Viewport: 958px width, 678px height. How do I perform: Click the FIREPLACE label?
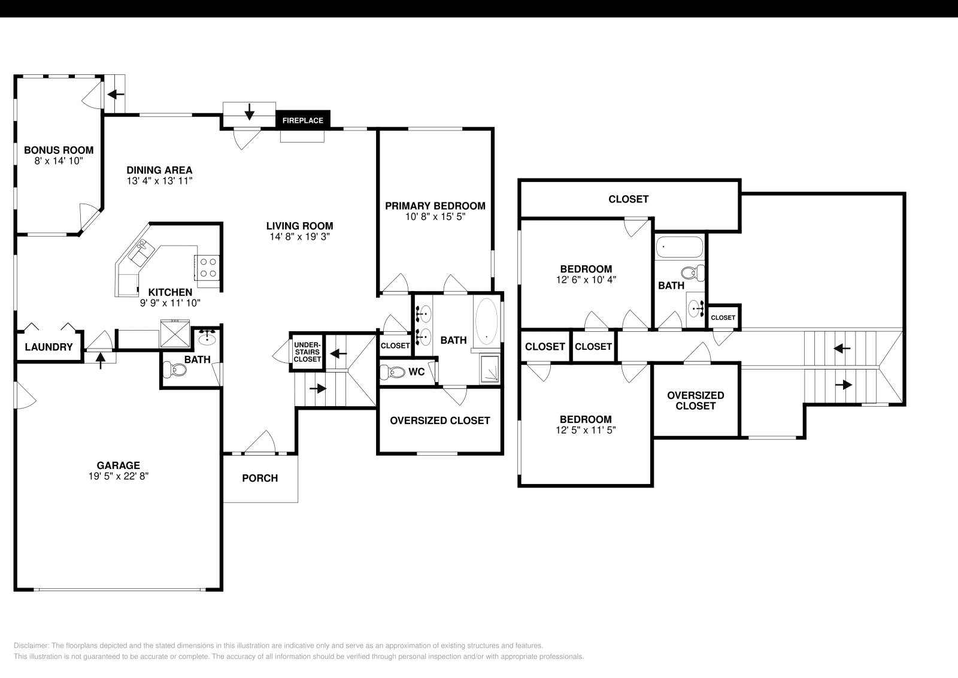point(302,120)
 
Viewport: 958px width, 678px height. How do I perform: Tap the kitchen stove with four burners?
point(208,267)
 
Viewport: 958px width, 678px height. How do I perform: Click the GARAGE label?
point(119,465)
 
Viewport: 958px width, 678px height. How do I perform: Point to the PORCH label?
point(260,478)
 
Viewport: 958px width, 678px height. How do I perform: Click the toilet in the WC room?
point(396,372)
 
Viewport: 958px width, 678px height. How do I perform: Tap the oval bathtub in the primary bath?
point(486,322)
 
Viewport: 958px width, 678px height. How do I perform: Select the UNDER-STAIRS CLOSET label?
point(307,352)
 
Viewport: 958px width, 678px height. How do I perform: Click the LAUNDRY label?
point(49,347)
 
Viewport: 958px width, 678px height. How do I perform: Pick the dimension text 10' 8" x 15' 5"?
point(435,217)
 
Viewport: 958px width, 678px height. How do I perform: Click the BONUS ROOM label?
point(59,150)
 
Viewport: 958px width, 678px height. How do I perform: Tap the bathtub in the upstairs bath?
point(680,246)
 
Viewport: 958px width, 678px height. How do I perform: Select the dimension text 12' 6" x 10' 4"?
point(586,280)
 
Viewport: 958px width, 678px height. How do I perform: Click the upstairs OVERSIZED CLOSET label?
point(695,401)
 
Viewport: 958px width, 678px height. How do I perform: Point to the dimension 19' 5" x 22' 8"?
point(119,477)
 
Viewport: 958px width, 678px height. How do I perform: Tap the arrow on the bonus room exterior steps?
point(116,94)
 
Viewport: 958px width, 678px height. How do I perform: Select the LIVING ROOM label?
point(299,226)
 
